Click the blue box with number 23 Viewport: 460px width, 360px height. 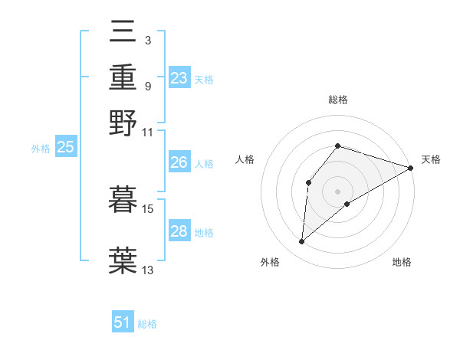(179, 78)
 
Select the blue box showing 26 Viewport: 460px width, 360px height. (179, 162)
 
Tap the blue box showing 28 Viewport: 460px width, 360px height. (179, 231)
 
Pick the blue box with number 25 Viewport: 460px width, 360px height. (65, 148)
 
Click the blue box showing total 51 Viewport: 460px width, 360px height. (123, 322)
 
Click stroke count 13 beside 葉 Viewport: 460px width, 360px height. (148, 270)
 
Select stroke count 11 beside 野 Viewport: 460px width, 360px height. (148, 132)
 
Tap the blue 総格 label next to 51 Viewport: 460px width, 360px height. (147, 324)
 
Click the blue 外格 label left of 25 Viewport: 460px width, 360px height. (41, 149)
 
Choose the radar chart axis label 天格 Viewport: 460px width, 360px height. (431, 159)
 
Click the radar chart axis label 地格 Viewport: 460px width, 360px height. (402, 262)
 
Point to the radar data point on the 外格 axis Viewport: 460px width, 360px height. (302, 242)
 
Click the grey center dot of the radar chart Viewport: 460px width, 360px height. (337, 190)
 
